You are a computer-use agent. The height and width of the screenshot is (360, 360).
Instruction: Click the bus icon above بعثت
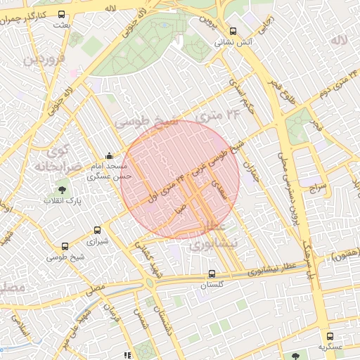[60, 14]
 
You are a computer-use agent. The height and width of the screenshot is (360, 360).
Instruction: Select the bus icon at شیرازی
[98, 230]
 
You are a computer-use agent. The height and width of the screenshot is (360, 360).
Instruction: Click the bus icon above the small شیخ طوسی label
[65, 246]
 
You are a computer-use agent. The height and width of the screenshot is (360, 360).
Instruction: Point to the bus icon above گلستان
[212, 274]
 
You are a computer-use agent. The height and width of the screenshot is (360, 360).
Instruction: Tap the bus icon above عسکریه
[330, 336]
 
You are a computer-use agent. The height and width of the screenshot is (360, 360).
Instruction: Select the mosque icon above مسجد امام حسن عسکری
[108, 156]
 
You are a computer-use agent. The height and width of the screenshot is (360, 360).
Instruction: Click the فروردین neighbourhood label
[46, 60]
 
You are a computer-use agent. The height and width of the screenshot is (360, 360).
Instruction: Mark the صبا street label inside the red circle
[181, 208]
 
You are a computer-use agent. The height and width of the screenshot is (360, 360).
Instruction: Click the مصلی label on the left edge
[11, 289]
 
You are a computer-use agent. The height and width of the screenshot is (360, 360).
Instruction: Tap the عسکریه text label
[330, 347]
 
